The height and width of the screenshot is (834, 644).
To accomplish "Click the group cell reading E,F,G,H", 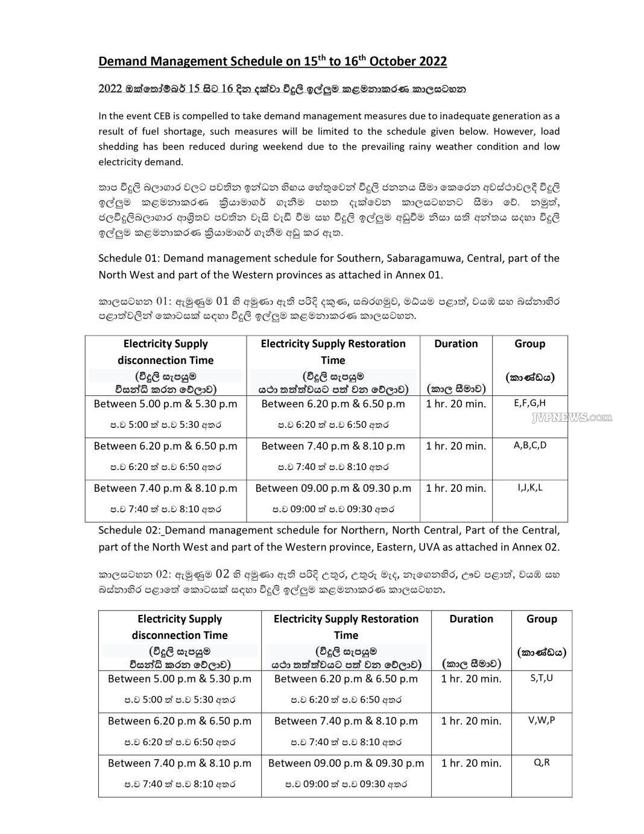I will pyautogui.click(x=529, y=403).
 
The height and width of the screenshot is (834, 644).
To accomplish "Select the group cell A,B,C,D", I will pyautogui.click(x=529, y=445).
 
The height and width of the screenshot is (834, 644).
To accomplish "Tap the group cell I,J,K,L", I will pyautogui.click(x=529, y=488).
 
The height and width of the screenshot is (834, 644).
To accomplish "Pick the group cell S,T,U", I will pyautogui.click(x=541, y=678).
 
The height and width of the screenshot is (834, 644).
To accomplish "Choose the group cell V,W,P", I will pyautogui.click(x=541, y=720).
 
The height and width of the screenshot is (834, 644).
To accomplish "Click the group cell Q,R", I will pyautogui.click(x=541, y=762).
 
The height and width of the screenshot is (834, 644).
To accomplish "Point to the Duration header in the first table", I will pyautogui.click(x=455, y=343).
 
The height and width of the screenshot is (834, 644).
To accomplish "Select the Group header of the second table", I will pyautogui.click(x=541, y=619).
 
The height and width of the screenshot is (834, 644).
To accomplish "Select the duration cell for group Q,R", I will pyautogui.click(x=471, y=763).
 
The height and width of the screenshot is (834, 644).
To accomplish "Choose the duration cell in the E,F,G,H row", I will pyautogui.click(x=455, y=404).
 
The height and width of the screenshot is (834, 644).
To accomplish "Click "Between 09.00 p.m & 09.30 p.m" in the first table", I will pyautogui.click(x=333, y=488).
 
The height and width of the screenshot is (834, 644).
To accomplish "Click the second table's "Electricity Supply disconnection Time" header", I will pyautogui.click(x=180, y=626).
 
